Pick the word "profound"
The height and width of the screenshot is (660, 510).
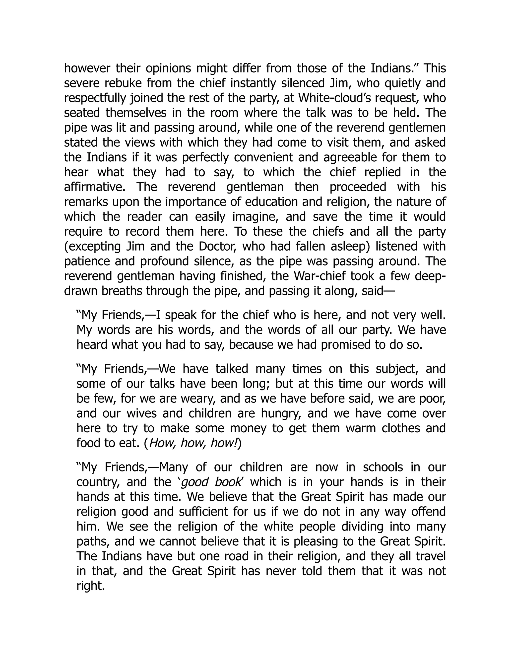point(164,261)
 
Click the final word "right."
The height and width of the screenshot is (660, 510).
point(91,586)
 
